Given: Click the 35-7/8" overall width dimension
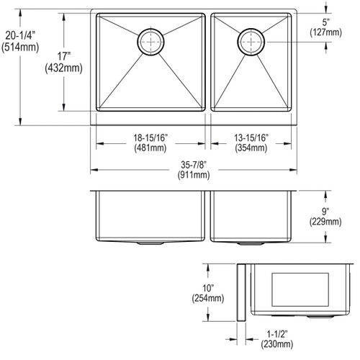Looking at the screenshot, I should (x=192, y=163).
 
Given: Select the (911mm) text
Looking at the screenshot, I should (x=192, y=174).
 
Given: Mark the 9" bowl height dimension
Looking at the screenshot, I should (x=325, y=211).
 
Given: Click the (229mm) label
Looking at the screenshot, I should (x=325, y=222).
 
